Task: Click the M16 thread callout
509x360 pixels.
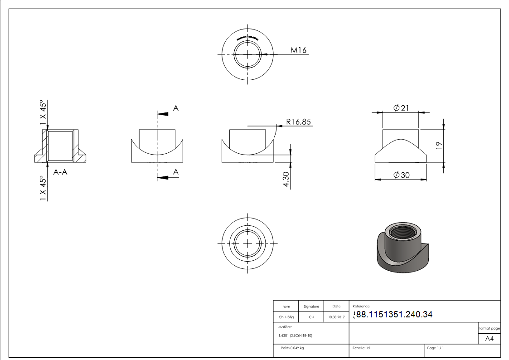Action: coord(298,50)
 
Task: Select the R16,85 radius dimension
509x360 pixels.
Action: coord(298,122)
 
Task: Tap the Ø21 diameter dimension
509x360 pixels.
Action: coord(401,107)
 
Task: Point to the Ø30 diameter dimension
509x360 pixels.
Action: coord(401,175)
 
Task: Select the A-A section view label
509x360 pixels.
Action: coord(60,172)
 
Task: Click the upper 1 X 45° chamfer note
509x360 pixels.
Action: coord(43,112)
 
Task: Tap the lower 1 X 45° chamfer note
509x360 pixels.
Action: coord(43,188)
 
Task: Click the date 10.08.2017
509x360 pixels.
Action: coord(336,317)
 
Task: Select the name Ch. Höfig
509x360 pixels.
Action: coord(286,317)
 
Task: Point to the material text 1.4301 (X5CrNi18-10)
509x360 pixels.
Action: coord(296,336)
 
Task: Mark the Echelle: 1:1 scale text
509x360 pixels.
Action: coord(361,348)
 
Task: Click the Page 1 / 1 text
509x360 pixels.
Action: coord(436,348)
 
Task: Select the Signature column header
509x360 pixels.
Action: coord(311,306)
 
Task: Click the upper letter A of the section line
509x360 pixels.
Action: coord(176,108)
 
